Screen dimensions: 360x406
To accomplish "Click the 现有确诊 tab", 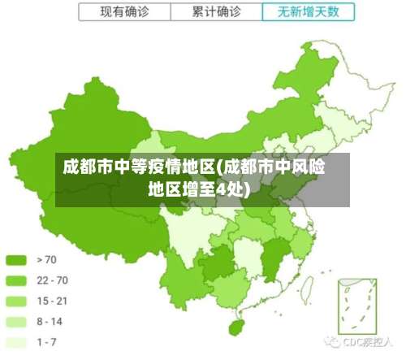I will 124,12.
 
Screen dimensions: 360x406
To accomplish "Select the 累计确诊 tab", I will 216,12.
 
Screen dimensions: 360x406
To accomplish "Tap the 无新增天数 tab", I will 309,12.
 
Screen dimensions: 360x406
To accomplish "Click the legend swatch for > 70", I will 17,260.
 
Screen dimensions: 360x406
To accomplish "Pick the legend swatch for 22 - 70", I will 17,280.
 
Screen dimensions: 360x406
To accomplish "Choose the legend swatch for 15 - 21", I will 17,301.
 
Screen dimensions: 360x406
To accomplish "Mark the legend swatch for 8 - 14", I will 17,321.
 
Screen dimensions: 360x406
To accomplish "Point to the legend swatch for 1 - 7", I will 17,341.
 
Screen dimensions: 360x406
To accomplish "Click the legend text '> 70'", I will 47,260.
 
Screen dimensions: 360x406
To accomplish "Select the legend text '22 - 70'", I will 52,280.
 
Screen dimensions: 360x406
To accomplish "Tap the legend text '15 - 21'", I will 52,301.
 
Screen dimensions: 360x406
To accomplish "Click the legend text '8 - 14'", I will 50,321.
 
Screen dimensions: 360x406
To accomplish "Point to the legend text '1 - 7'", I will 47,341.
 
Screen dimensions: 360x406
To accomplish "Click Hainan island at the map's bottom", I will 237,327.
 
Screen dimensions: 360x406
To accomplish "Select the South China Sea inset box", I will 354,306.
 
